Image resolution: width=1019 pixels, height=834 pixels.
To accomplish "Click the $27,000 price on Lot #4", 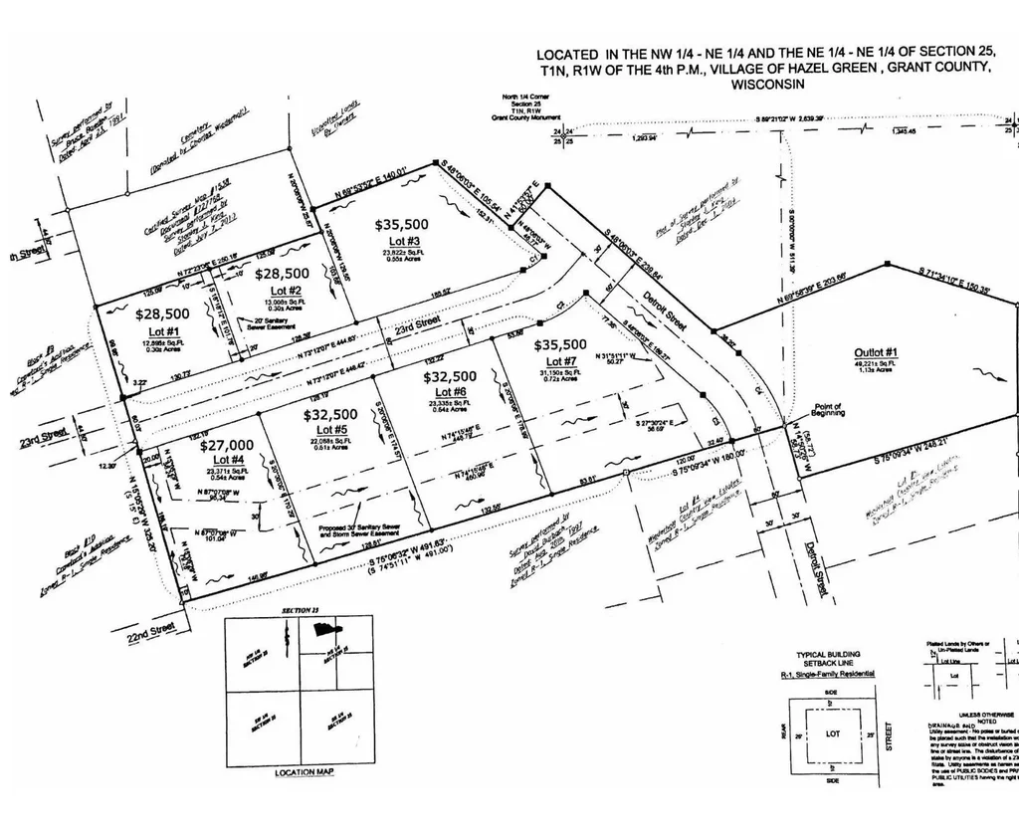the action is click(x=227, y=445).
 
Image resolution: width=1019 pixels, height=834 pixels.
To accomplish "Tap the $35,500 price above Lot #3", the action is click(x=401, y=225).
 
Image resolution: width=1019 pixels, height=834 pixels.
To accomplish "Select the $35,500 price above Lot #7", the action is click(x=561, y=345).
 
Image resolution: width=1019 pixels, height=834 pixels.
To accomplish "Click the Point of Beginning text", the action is click(x=828, y=410).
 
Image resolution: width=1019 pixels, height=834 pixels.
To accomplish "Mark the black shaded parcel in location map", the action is click(x=325, y=628).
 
